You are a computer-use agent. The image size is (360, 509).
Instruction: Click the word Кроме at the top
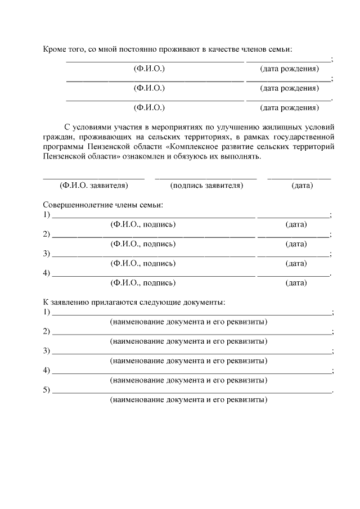[x=55, y=50]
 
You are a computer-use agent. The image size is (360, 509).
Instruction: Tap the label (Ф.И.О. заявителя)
[x=94, y=185]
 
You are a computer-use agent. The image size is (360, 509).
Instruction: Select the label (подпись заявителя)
[x=206, y=185]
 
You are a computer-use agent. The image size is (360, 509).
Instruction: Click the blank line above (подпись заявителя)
[x=206, y=178]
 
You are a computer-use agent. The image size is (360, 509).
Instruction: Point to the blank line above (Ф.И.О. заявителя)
[x=94, y=178]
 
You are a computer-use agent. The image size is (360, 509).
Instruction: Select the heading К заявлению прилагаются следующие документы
[x=134, y=302]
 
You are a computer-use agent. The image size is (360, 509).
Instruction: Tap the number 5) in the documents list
[x=47, y=389]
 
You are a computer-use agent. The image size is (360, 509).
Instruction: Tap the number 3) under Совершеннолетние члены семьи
[x=47, y=254]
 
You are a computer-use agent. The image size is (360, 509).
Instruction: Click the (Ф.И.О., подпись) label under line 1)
[x=143, y=224]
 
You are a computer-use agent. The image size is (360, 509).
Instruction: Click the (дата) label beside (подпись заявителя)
[x=302, y=185]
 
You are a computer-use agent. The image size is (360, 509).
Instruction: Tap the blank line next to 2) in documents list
[x=192, y=333]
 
